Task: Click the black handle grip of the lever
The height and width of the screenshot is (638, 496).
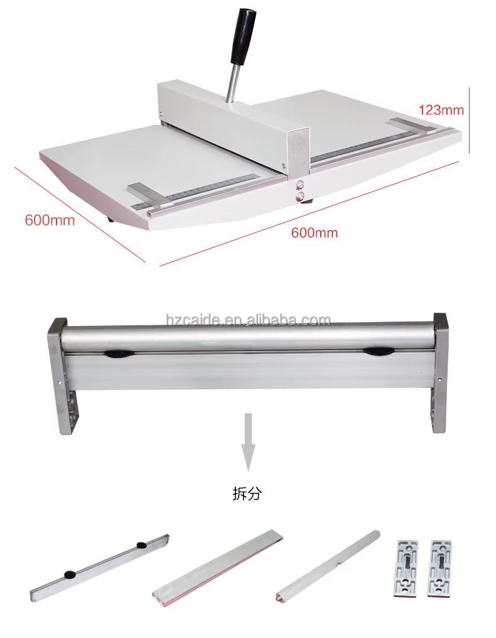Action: pos(244,36)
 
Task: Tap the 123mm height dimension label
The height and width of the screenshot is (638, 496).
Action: pos(441,110)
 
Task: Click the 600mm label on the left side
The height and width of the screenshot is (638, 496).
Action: pos(50,220)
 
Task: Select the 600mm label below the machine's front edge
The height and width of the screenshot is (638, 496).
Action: pos(314,233)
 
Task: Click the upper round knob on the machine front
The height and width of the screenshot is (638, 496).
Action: pos(300,185)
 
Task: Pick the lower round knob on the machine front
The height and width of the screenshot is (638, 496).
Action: pos(301,197)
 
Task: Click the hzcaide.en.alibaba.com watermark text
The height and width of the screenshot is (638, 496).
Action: pos(248,320)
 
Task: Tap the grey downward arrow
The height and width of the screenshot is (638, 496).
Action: pos(248,442)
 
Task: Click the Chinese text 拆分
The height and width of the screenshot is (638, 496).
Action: pos(247,494)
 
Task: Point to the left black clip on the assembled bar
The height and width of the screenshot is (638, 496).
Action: pos(117,354)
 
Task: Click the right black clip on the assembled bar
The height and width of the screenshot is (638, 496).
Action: pos(378,351)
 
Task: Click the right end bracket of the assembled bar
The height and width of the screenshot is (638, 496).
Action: pos(440,373)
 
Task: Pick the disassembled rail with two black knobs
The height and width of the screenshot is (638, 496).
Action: pos(100,568)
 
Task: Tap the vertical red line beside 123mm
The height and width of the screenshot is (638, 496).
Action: pos(469,120)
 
